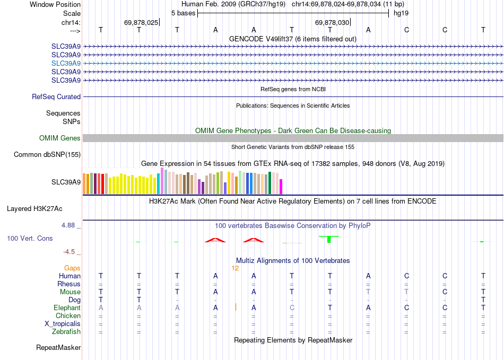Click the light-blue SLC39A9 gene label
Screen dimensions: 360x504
pyautogui.click(x=66, y=63)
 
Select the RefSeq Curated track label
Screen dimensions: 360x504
pyautogui.click(x=56, y=97)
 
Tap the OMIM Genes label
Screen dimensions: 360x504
pyautogui.click(x=60, y=138)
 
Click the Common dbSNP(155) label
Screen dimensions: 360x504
pyautogui.click(x=47, y=155)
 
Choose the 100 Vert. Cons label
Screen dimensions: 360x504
pyautogui.click(x=30, y=239)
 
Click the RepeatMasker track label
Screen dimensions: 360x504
pyautogui.click(x=58, y=348)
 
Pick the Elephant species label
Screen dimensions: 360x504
pyautogui.click(x=67, y=308)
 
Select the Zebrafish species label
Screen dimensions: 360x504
pyautogui.click(x=66, y=332)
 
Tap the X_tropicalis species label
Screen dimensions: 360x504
pyautogui.click(x=63, y=324)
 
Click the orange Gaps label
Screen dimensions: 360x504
pyautogui.click(x=72, y=268)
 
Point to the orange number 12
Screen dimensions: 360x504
pyautogui.click(x=235, y=268)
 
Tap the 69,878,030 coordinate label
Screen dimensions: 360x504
pyautogui.click(x=332, y=23)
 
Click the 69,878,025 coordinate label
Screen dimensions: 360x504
pyautogui.click(x=141, y=23)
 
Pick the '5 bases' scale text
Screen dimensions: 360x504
pyautogui.click(x=183, y=12)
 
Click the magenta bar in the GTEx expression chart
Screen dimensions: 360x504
pyautogui.click(x=281, y=187)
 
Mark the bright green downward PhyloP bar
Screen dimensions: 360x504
pyautogui.click(x=329, y=239)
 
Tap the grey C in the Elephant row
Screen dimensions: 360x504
pyautogui.click(x=292, y=308)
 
